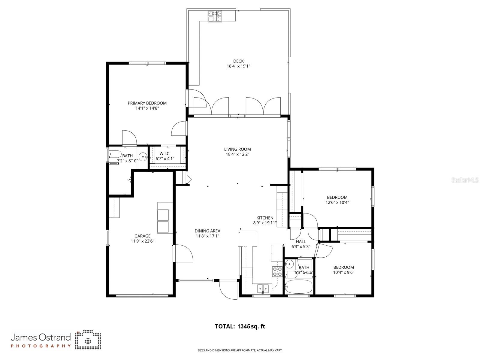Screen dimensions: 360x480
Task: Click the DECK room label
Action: pos(238,61)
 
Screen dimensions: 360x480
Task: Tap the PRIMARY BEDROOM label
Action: pos(147,103)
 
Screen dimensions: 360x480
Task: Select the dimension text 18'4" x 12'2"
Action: pos(237,154)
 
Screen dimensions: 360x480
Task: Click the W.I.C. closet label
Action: pos(165,153)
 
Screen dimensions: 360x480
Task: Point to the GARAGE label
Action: pos(142,236)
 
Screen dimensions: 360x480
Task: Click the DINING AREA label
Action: pos(207,231)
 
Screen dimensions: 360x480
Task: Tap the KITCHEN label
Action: pos(265,218)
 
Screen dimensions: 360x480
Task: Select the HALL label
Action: pos(301,241)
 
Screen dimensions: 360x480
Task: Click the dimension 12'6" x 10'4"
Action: pos(337,202)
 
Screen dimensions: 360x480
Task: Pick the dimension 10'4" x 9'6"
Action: pos(343,272)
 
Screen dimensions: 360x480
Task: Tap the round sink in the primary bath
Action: pos(143,156)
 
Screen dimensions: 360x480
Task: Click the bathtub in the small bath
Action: pos(298,287)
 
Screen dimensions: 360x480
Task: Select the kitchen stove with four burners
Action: pos(277,272)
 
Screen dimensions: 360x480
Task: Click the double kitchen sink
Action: pos(263,289)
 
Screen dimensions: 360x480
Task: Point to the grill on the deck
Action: pos(215,16)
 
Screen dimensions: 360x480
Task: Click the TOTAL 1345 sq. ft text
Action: pos(240,326)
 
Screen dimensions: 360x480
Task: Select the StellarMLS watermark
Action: pos(465,180)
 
